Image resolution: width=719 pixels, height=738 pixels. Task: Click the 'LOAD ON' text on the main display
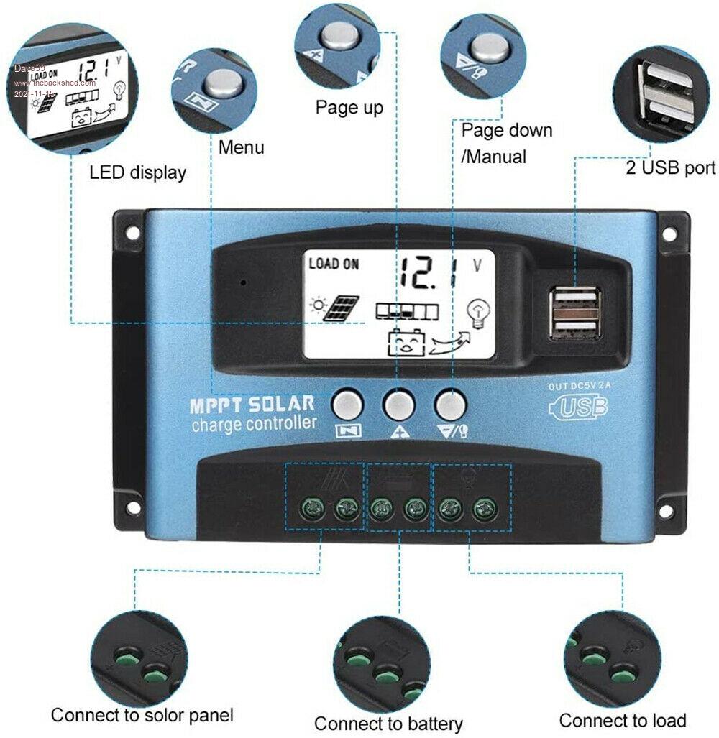(334, 264)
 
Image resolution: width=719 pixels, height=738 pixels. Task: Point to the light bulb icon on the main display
(477, 311)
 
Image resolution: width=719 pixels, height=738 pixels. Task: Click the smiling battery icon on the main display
(404, 343)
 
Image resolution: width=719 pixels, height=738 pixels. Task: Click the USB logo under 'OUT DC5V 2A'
(579, 407)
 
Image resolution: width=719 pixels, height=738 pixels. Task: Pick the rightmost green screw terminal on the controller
(481, 511)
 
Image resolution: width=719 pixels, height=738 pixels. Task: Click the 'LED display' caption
(137, 172)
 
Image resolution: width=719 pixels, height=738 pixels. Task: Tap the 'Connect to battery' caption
(388, 722)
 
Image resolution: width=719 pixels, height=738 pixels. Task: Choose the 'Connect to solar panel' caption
(142, 715)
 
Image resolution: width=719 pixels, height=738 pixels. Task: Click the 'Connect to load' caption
(623, 719)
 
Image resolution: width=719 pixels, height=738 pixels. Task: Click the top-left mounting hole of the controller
(132, 232)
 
